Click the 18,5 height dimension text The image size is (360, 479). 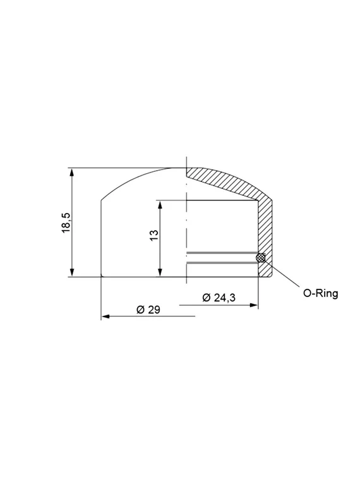[66, 223]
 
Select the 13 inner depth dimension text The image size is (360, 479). [153, 236]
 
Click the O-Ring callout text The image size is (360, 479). [321, 293]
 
